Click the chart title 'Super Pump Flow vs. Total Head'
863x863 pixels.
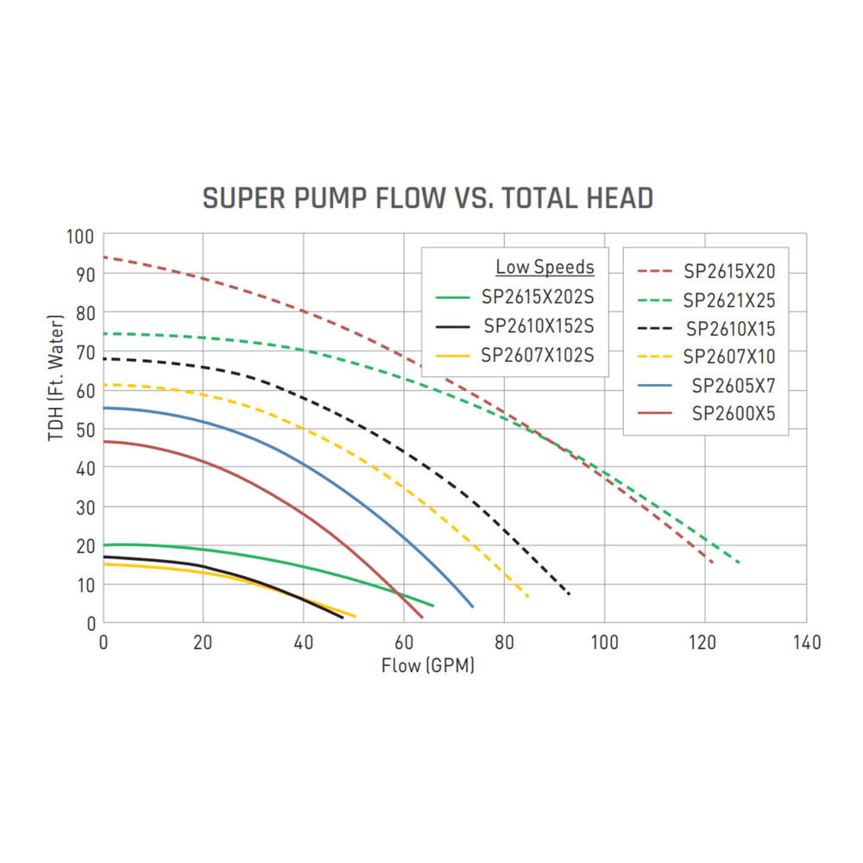427,198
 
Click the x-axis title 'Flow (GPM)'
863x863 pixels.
428,666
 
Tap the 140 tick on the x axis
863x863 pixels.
806,643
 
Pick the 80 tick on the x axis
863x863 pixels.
504,643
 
